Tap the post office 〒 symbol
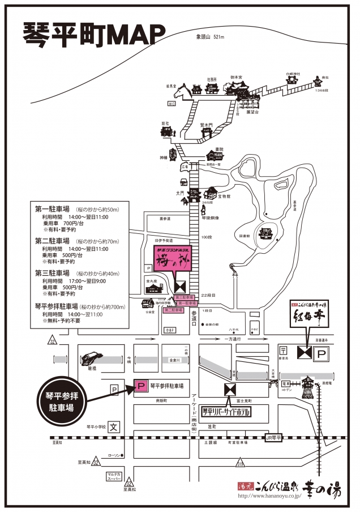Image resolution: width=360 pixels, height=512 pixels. pyautogui.click(x=282, y=352)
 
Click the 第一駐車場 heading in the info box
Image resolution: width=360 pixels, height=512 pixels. pyautogui.click(x=52, y=209)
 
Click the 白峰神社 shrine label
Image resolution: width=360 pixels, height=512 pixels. pyautogui.click(x=292, y=74)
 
